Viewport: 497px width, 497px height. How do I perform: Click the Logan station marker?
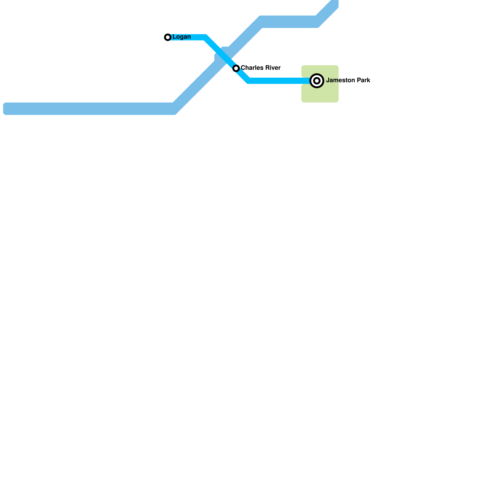pos(168,37)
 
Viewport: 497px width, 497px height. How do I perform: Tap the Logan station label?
pos(181,37)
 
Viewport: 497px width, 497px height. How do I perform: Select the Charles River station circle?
pos(236,68)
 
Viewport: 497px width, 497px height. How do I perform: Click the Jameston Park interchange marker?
pos(317,81)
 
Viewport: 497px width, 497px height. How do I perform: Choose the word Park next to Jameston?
pos(363,80)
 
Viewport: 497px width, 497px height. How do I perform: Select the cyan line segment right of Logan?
pos(186,37)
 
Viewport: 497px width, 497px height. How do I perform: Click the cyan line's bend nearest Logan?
pos(205,38)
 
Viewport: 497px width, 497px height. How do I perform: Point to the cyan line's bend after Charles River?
pos(248,81)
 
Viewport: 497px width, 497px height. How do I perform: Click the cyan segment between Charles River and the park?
pos(280,81)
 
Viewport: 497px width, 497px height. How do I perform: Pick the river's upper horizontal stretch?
pos(289,22)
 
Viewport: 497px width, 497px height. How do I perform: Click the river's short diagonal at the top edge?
pos(328,11)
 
